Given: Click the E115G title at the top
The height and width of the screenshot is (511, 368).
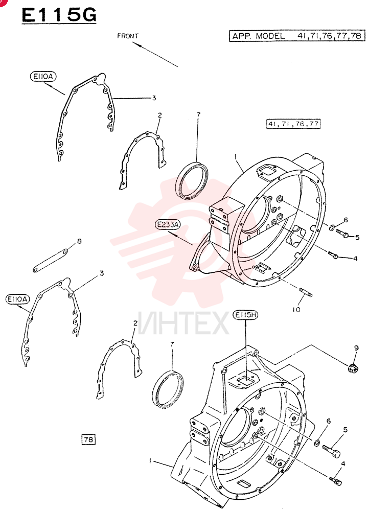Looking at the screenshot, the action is [x=59, y=15].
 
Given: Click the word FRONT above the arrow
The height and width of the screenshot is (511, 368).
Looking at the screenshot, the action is [x=128, y=36].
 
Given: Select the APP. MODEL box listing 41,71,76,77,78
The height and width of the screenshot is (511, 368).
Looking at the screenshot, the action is [x=297, y=36].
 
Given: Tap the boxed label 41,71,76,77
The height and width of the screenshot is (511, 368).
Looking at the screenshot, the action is [x=293, y=124].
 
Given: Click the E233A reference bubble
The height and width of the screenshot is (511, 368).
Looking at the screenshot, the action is [x=168, y=224].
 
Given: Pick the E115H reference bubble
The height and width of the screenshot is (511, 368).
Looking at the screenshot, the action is [x=245, y=315].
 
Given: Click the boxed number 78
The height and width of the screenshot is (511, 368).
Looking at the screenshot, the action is [x=88, y=439].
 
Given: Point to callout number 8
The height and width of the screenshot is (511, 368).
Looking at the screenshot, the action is [x=79, y=241].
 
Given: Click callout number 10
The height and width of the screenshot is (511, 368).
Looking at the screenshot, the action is [x=296, y=309].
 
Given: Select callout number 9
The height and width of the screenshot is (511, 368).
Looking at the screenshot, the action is [x=356, y=348].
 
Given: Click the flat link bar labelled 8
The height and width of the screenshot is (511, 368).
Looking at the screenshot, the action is [x=51, y=261].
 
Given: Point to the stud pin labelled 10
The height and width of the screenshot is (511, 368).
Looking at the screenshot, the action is [x=306, y=292].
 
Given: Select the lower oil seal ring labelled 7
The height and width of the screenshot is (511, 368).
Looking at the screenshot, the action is [x=168, y=389].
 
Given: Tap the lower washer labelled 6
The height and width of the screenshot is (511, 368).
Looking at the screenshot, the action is [x=316, y=443].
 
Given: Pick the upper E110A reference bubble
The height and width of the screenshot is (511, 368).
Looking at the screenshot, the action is [x=43, y=77].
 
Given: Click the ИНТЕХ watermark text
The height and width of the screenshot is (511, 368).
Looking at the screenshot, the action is [x=182, y=323].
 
